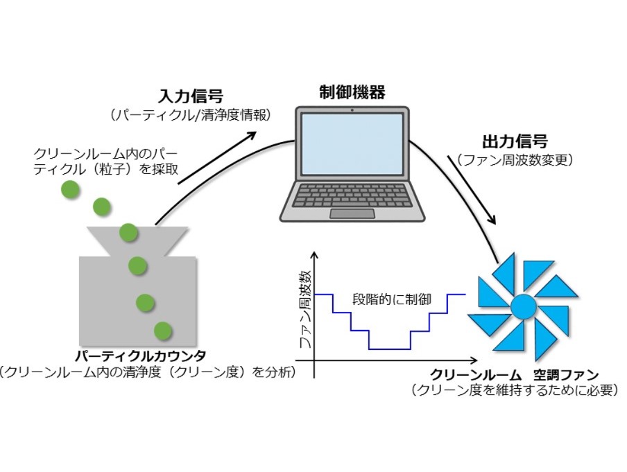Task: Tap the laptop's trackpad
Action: click(352, 213)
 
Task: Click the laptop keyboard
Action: click(352, 195)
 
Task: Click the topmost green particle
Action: click(69, 189)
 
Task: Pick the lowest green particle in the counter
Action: click(163, 331)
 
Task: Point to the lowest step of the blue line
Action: click(390, 348)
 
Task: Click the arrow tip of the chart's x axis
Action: click(474, 361)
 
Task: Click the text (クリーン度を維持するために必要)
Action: click(514, 390)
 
